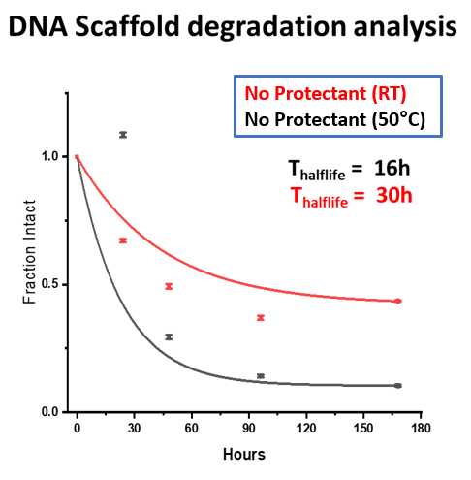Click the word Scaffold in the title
pos(127,26)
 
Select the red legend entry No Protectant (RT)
pos(326,94)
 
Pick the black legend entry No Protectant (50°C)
pos(335,120)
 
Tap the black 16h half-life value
pos(392,168)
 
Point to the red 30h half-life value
pos(394,195)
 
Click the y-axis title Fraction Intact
pos(29,251)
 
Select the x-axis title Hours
pos(244,454)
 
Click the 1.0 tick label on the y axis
pos(49,156)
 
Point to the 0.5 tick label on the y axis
pos(49,284)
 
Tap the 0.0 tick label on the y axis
pos(49,412)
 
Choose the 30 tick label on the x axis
pos(134,428)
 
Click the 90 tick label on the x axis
pos(249,428)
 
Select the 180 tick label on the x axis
pos(421,428)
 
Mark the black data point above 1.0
pos(123,135)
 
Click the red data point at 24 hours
pos(123,240)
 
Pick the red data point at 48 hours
pos(169,286)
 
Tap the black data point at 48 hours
pos(169,337)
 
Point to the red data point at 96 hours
pos(261,318)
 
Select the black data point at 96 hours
pos(261,376)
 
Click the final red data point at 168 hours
pos(398,301)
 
